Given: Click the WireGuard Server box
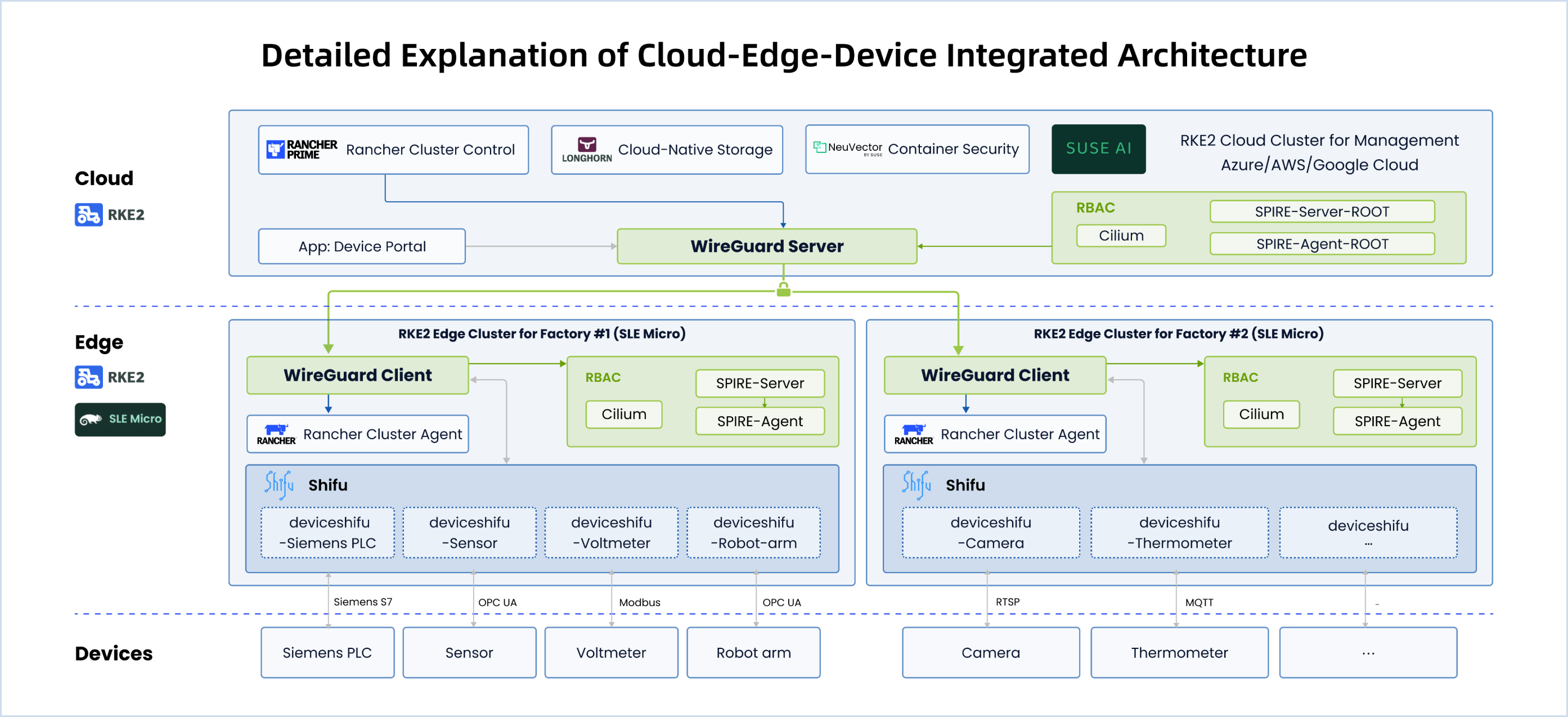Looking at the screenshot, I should coord(766,246).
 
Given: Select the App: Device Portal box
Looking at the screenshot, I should coord(362,246).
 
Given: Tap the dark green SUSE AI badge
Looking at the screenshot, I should coord(1098,148).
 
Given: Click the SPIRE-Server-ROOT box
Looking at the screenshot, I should coord(1322,211).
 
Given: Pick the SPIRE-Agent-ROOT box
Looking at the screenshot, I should coord(1322,243).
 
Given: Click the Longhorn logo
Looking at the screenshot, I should coord(586,149).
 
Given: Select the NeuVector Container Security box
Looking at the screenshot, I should coord(916,149).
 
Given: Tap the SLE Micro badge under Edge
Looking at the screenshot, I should coord(120,419).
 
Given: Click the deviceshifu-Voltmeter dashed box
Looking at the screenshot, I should coord(611,532).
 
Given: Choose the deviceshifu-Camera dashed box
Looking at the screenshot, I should coord(990,532).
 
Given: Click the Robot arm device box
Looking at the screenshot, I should coord(753,652).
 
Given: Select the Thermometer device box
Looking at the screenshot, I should coord(1179,652).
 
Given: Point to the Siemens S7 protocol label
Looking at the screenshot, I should coord(363,601).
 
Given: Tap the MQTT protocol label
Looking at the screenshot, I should coord(1198,602).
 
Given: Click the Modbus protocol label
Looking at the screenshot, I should coord(639,602).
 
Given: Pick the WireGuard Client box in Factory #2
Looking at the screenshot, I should coord(995,375).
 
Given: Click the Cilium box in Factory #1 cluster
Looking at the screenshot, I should coord(623,414).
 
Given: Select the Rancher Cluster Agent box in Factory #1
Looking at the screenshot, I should coord(357,434).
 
